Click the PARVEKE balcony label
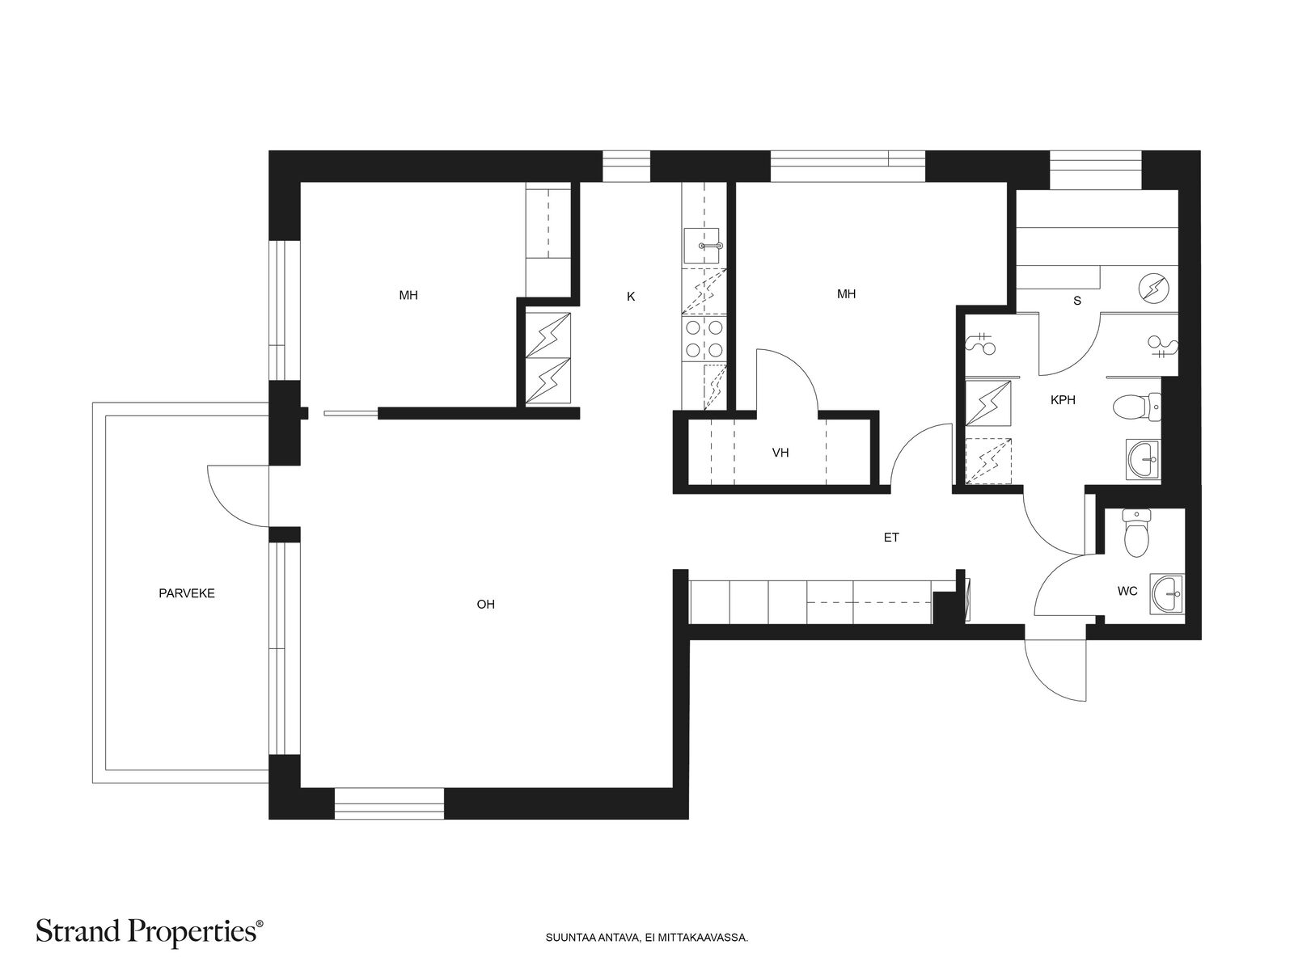(186, 593)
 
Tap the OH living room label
(485, 604)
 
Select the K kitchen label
(630, 296)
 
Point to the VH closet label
(780, 453)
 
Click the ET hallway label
(890, 537)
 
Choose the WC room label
(1127, 591)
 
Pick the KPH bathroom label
(1063, 400)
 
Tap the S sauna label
(1077, 301)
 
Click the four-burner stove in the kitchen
(704, 339)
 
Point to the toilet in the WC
(1136, 533)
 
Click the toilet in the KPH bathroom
(1136, 407)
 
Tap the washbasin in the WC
(1166, 593)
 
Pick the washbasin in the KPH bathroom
(1143, 459)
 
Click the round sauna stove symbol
(1152, 289)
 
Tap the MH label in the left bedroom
(408, 295)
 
